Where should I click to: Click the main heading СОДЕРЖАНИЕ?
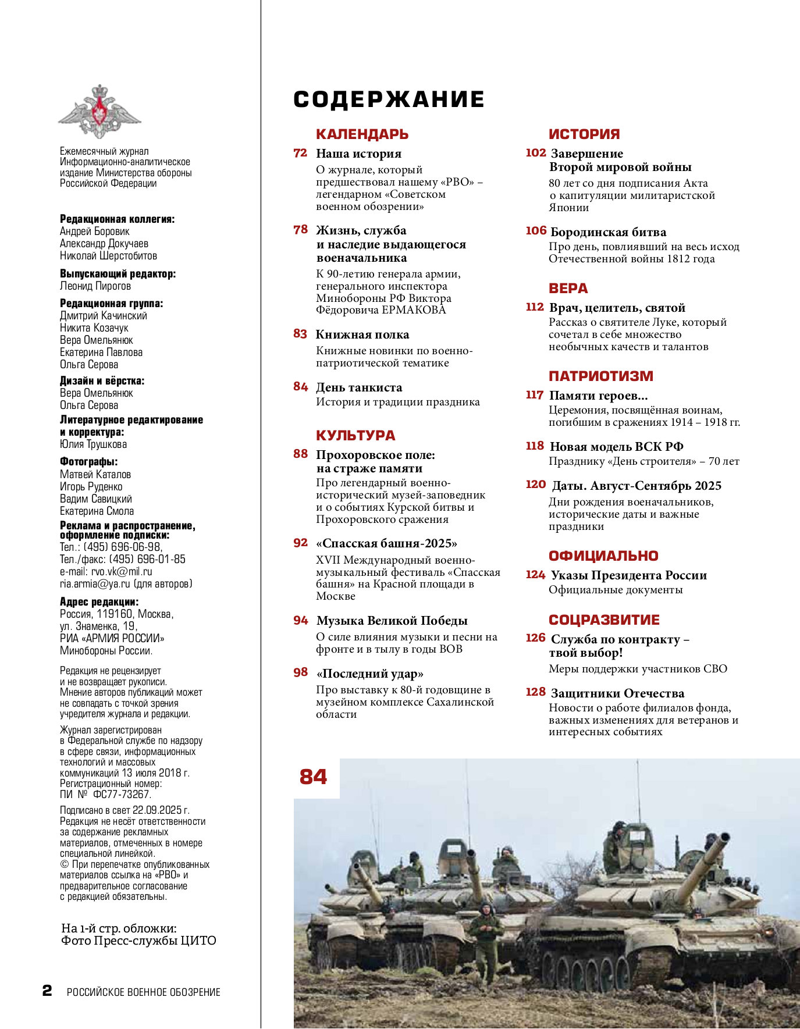click(x=389, y=99)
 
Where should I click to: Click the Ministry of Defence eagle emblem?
click(x=99, y=111)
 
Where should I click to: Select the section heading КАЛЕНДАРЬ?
click(x=362, y=134)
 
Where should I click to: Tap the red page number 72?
click(x=300, y=153)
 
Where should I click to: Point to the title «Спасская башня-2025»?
click(x=387, y=543)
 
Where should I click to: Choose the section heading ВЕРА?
click(x=568, y=289)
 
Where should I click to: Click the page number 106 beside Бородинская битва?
click(x=536, y=230)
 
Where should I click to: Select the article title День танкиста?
click(x=359, y=387)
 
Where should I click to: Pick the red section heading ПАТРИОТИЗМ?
click(x=600, y=376)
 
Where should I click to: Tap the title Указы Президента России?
click(x=628, y=575)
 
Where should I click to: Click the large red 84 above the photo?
click(x=314, y=777)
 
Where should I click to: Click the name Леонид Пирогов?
click(x=95, y=286)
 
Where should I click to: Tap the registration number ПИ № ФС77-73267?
click(x=105, y=794)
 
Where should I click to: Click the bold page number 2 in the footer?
click(x=47, y=991)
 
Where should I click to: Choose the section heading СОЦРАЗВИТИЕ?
click(x=604, y=620)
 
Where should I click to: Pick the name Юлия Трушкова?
click(x=93, y=444)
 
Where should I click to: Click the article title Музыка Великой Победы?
click(x=392, y=621)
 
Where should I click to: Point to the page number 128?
click(x=535, y=692)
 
